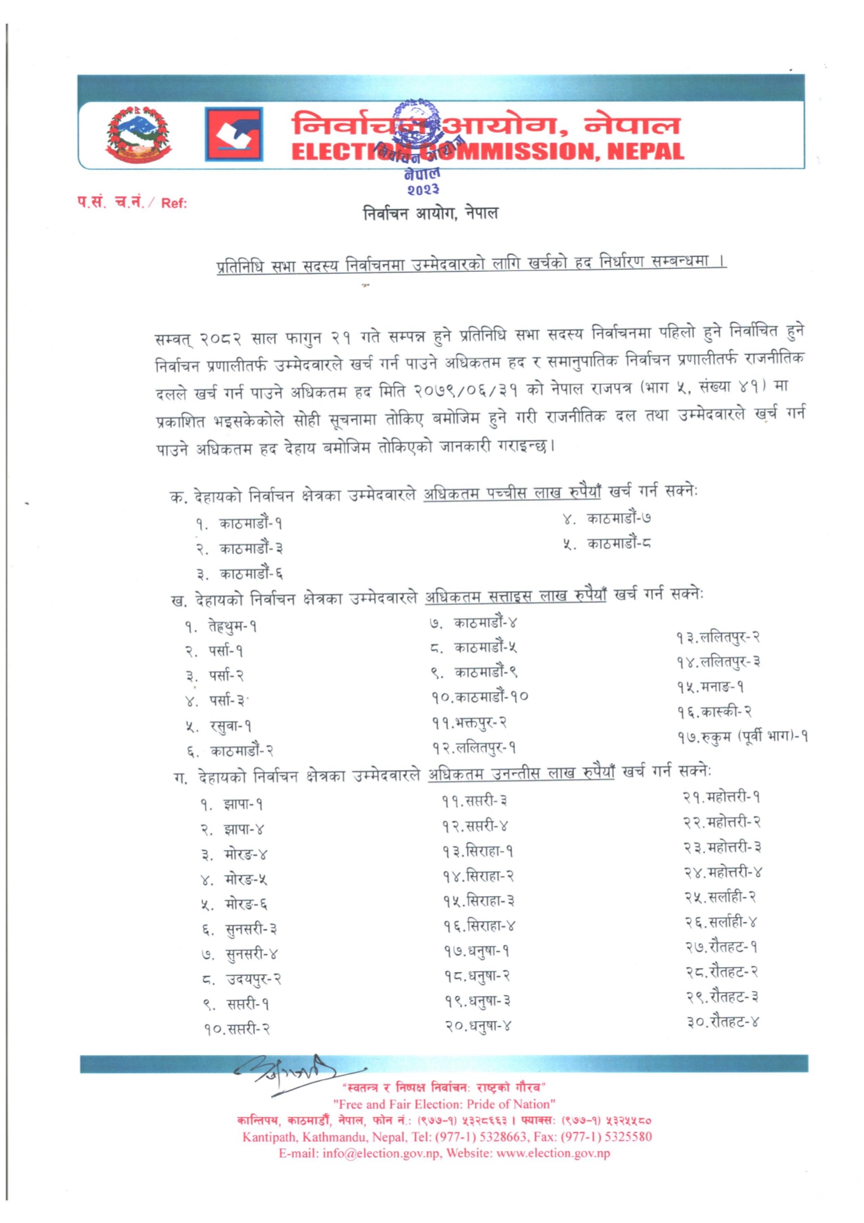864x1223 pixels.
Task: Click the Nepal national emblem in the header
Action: [138, 134]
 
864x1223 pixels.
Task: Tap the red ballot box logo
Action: [233, 134]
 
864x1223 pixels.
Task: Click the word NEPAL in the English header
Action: [645, 151]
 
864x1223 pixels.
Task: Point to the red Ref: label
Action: [173, 203]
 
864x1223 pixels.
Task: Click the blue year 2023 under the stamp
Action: [422, 189]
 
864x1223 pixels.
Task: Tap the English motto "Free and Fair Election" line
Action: [444, 1104]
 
